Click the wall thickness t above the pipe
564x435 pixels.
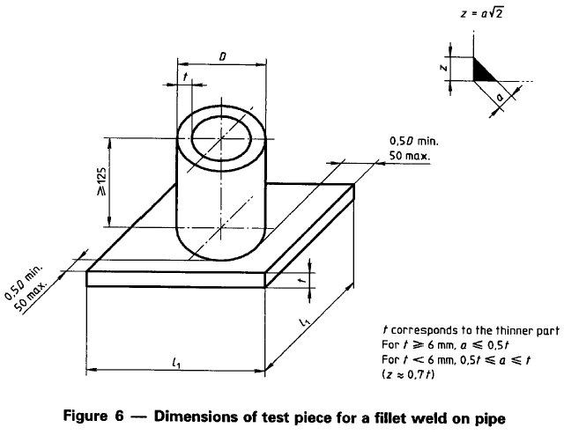pyautogui.click(x=184, y=77)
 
